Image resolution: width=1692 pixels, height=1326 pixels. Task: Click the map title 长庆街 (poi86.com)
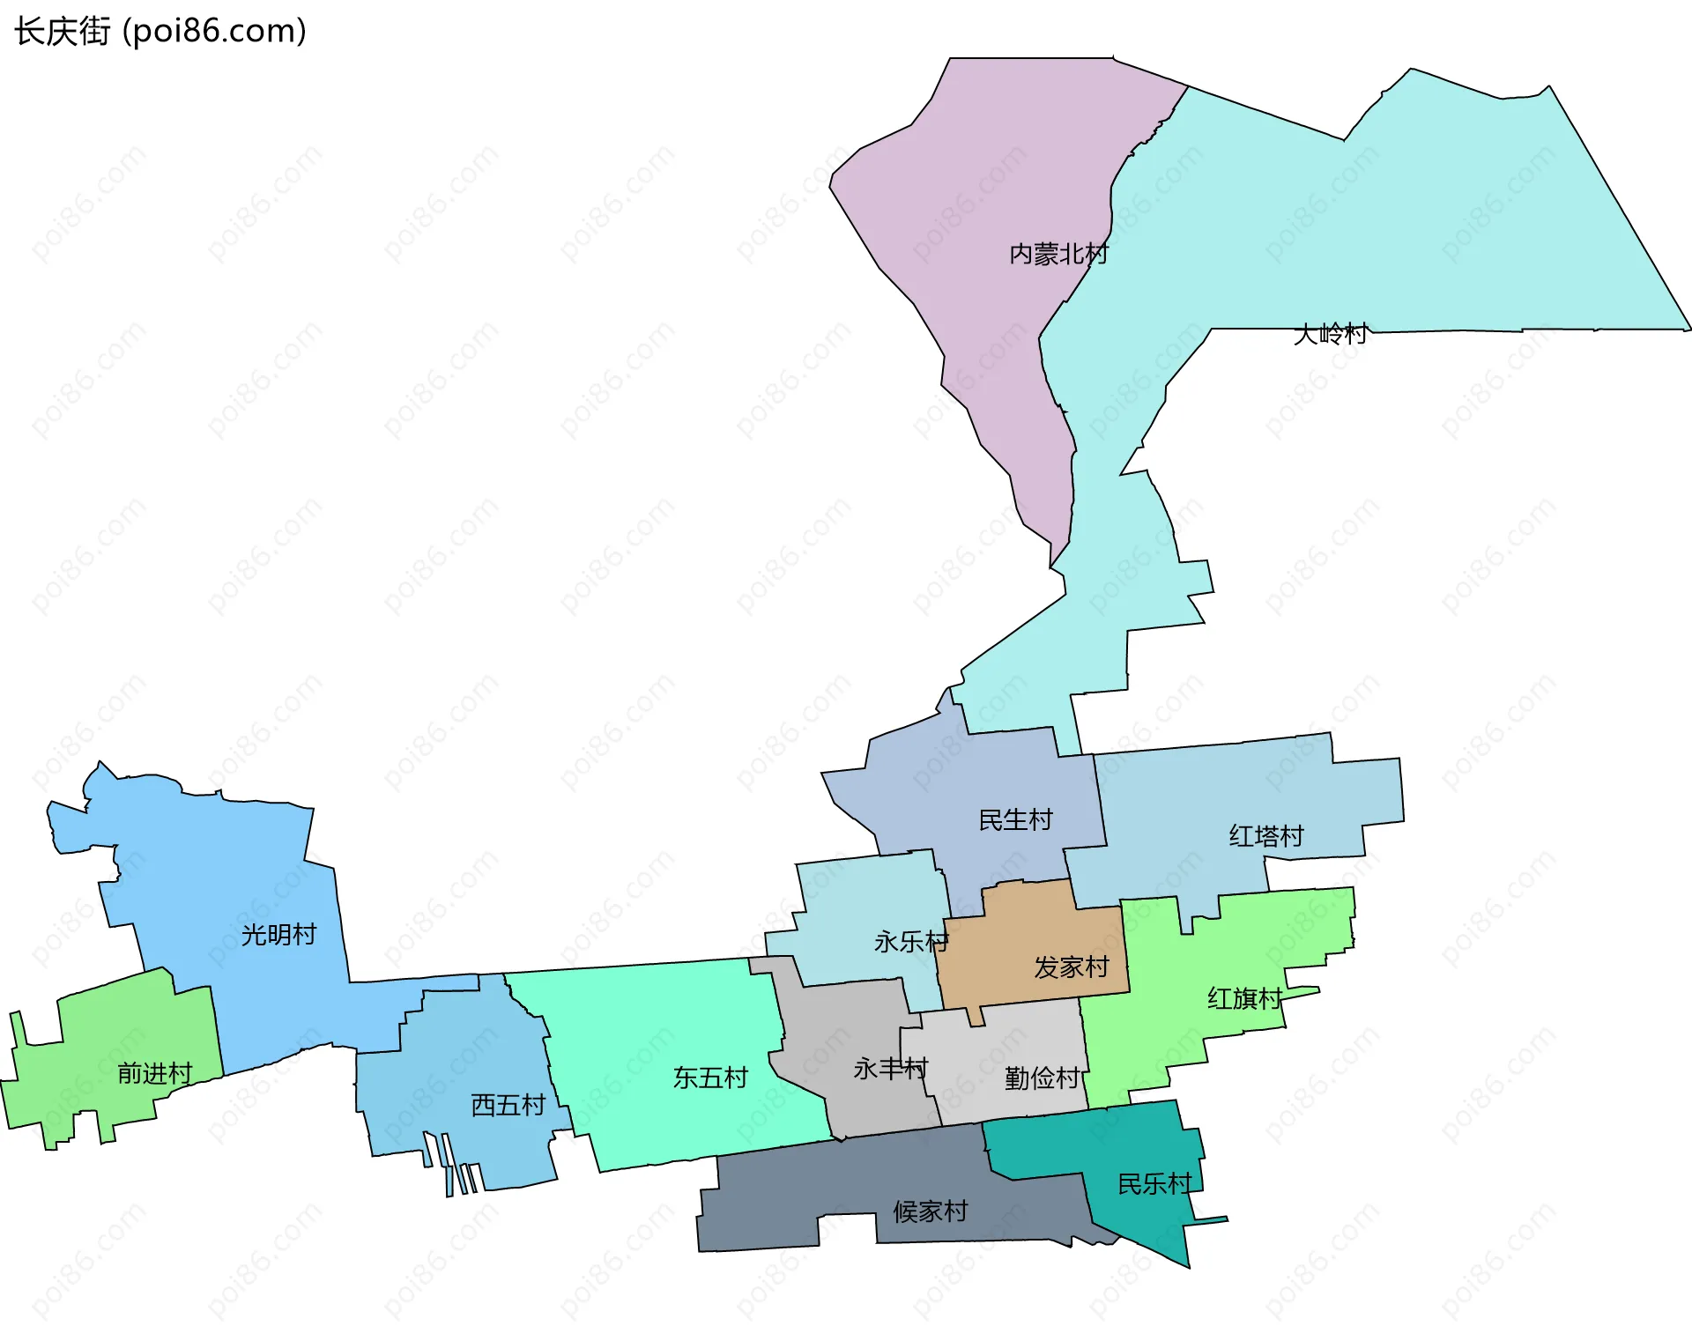coord(160,32)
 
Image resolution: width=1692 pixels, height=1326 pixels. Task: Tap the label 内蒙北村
coord(1058,255)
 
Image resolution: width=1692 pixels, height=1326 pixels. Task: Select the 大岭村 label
coord(1330,334)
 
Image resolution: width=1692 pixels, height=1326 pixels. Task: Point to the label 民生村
coord(1015,820)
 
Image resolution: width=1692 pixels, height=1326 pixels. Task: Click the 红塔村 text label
coord(1266,836)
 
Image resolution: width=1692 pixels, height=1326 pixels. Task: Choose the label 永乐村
coord(911,942)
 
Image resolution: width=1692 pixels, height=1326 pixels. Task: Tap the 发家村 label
coord(1071,967)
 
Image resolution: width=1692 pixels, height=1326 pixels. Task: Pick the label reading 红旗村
coord(1244,999)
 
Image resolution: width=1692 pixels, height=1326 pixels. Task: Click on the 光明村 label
coord(278,935)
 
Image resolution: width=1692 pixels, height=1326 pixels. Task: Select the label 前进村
coord(155,1073)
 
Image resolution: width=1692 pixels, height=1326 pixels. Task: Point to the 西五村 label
coord(508,1105)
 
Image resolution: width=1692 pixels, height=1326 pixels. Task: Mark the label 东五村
coord(710,1078)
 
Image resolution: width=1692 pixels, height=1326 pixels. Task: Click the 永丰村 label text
coord(890,1069)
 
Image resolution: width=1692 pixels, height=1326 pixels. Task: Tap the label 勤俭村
coord(1042,1078)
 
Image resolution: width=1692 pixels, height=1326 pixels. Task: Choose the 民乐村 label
coord(1154,1184)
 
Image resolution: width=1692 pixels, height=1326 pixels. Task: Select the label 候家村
coord(931,1211)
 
